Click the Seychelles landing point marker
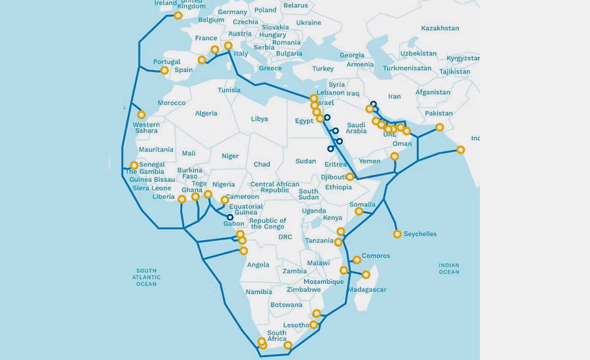click(x=397, y=234)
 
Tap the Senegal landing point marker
click(x=134, y=165)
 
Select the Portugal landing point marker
click(x=165, y=70)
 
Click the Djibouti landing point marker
click(x=350, y=176)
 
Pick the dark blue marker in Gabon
click(x=230, y=217)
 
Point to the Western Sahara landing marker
click(x=141, y=115)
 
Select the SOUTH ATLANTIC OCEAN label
click(x=146, y=277)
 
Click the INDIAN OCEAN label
click(x=449, y=268)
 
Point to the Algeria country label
click(x=206, y=113)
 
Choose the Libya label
click(x=260, y=119)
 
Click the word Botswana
click(x=286, y=304)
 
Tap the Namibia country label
click(x=258, y=291)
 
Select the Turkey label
click(x=323, y=68)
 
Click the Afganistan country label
click(x=433, y=92)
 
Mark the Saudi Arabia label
click(x=356, y=128)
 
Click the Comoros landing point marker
click(x=357, y=260)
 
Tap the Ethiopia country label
click(x=338, y=187)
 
